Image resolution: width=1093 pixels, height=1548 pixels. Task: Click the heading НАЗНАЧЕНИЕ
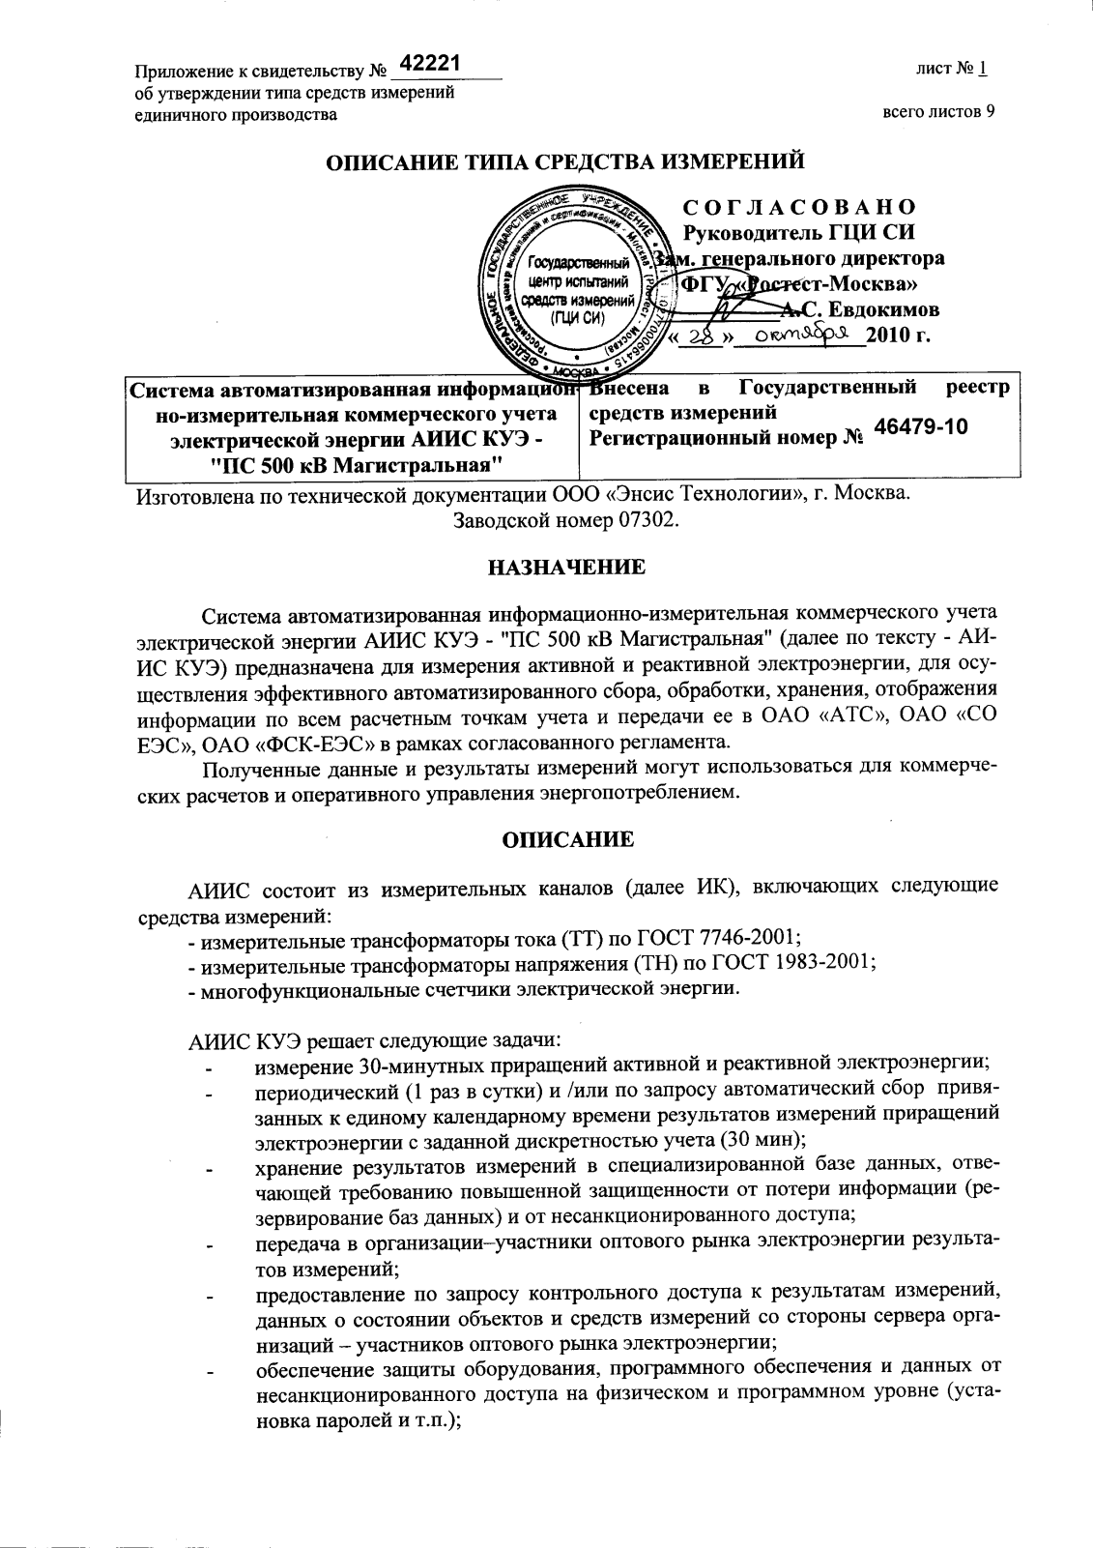tap(565, 567)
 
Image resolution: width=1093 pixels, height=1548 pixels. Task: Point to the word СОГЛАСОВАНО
tap(799, 207)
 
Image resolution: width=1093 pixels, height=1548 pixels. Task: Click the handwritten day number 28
tap(707, 336)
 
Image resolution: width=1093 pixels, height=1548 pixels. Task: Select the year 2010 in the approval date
tap(888, 336)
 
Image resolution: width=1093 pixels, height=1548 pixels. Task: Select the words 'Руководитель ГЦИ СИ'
tap(798, 233)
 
